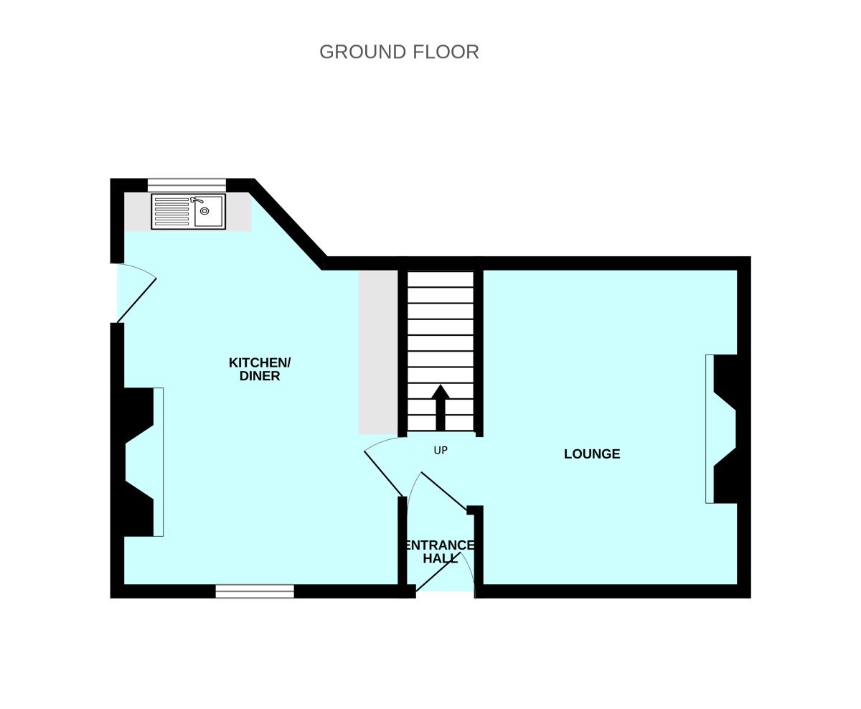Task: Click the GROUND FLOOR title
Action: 399,52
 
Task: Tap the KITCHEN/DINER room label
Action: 260,369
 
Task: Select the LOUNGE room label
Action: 592,454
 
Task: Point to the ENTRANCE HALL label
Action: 440,552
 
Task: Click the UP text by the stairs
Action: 441,451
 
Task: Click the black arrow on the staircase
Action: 441,406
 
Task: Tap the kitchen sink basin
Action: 208,211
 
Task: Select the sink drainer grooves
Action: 171,211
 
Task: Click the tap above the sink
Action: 196,200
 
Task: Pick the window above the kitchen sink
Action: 187,184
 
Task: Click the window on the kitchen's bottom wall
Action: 255,591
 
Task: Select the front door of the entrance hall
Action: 438,572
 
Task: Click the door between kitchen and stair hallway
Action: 383,473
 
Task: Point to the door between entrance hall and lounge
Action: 443,491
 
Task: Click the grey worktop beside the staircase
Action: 378,352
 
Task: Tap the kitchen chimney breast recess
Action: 139,461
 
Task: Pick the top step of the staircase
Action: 441,278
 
